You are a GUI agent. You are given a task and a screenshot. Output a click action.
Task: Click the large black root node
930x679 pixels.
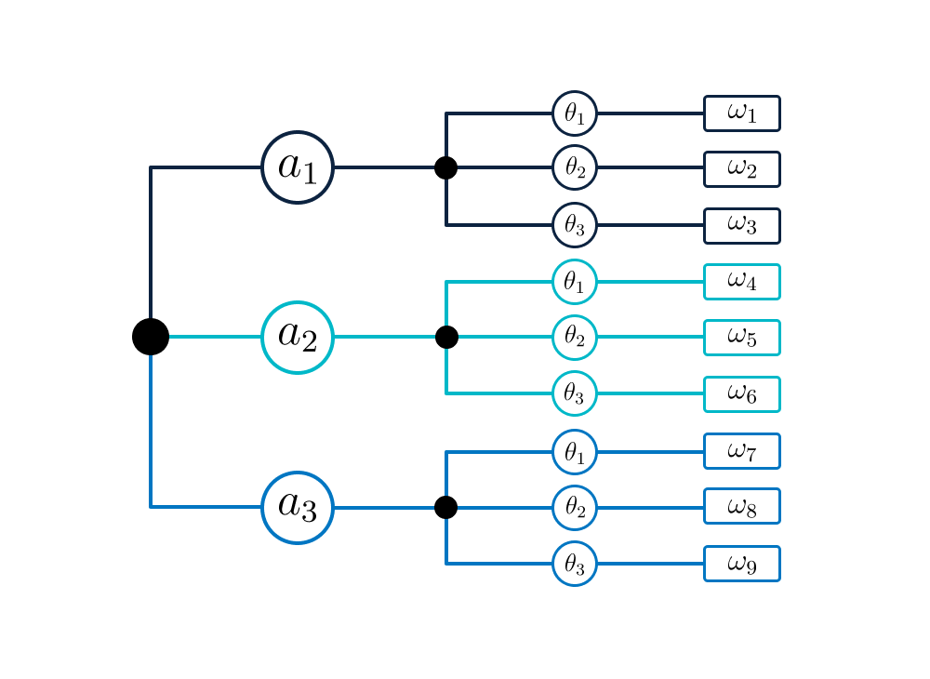pyautogui.click(x=151, y=337)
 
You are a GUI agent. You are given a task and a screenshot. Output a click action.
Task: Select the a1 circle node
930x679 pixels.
pyautogui.click(x=298, y=167)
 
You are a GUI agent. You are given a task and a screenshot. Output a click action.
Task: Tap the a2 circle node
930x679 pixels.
pyautogui.click(x=298, y=337)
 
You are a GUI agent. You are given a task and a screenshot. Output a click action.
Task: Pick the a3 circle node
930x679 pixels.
pyautogui.click(x=298, y=507)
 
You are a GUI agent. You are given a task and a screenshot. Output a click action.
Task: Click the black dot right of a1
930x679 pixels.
pyautogui.click(x=446, y=167)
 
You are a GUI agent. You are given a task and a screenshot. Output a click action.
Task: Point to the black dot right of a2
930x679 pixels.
pyautogui.click(x=446, y=337)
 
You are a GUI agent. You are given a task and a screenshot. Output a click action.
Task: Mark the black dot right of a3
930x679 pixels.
pyautogui.click(x=446, y=507)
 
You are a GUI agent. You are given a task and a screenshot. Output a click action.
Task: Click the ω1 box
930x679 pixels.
pyautogui.click(x=741, y=113)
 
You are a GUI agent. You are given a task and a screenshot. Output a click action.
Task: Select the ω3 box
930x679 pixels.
pyautogui.click(x=741, y=226)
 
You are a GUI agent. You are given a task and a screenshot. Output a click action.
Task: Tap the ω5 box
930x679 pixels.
pyautogui.click(x=741, y=338)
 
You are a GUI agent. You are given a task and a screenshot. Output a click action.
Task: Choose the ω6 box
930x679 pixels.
pyautogui.click(x=741, y=394)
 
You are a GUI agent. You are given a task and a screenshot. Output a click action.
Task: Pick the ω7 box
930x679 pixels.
pyautogui.click(x=741, y=451)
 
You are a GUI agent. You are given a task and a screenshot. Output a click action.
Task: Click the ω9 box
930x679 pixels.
pyautogui.click(x=741, y=564)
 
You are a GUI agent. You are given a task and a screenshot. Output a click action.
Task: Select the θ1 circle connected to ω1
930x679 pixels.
pyautogui.click(x=575, y=113)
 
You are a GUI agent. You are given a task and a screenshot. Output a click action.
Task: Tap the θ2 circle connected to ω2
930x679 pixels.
pyautogui.click(x=575, y=168)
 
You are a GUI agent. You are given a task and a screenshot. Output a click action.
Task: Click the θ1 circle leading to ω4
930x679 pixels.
pyautogui.click(x=575, y=282)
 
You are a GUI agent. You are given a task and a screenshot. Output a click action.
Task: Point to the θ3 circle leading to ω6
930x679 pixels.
pyautogui.click(x=575, y=394)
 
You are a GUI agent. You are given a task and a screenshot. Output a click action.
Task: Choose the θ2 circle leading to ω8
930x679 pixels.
pyautogui.click(x=575, y=507)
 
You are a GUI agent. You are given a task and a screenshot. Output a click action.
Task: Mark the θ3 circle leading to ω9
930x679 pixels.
pyautogui.click(x=575, y=564)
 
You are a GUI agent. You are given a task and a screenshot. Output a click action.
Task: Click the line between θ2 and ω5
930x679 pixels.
pyautogui.click(x=651, y=338)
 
